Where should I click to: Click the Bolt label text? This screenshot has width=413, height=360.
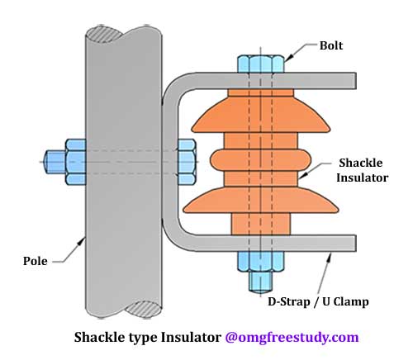[331, 45]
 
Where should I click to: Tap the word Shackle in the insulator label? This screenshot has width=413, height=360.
[361, 163]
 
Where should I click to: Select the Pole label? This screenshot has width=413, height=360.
[36, 261]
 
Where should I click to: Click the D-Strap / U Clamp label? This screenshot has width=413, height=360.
[318, 301]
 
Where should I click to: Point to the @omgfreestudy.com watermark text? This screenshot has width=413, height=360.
[292, 337]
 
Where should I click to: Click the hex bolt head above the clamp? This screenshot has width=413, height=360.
[260, 64]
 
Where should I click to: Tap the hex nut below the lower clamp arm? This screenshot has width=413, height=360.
[260, 262]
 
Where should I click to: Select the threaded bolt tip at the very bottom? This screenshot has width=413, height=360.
[260, 282]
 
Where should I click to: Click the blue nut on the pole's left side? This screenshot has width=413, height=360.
[76, 162]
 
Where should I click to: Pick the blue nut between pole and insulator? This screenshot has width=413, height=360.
[188, 162]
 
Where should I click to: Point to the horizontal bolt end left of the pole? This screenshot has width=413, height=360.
[55, 162]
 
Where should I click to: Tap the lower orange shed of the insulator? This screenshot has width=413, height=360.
[261, 201]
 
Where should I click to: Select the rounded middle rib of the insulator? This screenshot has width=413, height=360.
[261, 161]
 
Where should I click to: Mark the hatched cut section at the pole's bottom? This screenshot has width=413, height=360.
[143, 309]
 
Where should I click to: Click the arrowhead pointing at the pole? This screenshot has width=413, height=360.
[82, 242]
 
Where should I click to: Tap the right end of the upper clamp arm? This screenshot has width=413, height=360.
[356, 81]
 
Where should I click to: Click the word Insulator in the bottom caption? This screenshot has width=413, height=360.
[191, 337]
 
